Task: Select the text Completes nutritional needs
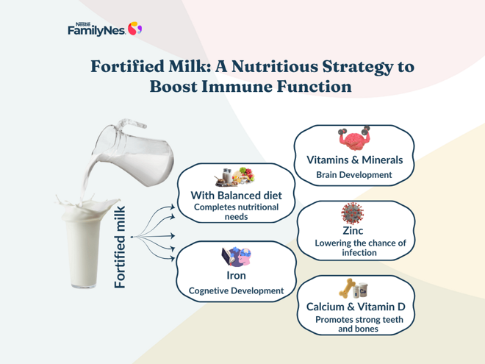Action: tap(236, 213)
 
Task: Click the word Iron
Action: tap(236, 276)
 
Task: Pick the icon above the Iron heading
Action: tap(237, 257)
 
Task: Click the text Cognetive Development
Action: tap(236, 291)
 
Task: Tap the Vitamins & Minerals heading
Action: tap(354, 159)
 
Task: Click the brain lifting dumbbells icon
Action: tap(353, 139)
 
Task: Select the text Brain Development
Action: tap(354, 176)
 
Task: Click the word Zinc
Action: tap(353, 231)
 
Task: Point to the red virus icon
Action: tap(353, 213)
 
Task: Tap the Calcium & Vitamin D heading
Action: tap(356, 306)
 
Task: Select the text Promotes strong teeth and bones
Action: tap(354, 324)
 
